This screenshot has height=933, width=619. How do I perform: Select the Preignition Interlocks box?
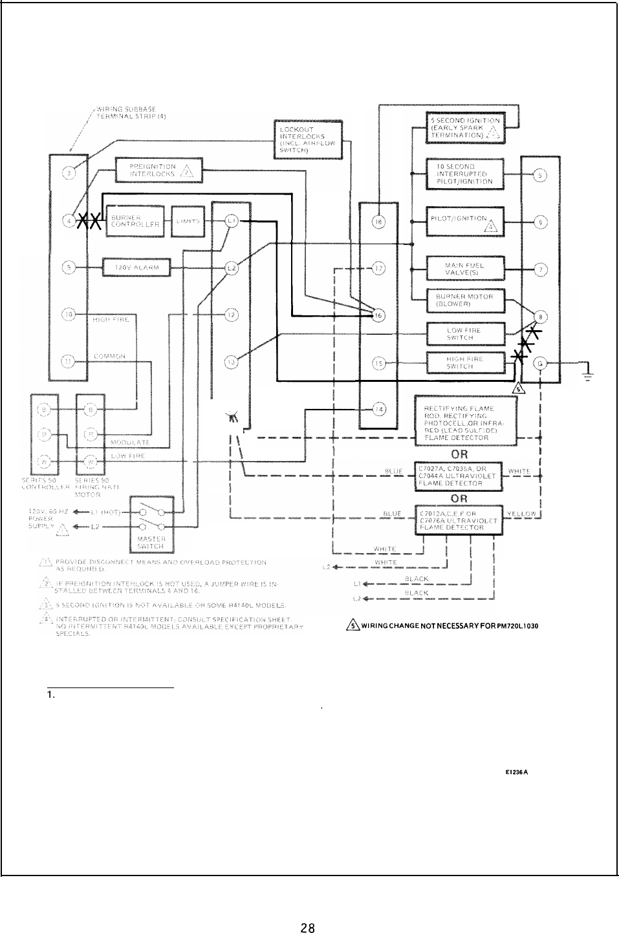(x=158, y=171)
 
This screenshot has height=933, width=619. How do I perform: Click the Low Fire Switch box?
(x=465, y=333)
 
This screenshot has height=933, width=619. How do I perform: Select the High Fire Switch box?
(x=465, y=362)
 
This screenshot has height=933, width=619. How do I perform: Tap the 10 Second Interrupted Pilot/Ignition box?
(x=465, y=174)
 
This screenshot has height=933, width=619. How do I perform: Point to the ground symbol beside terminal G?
(x=587, y=375)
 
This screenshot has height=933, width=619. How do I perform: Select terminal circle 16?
(x=379, y=315)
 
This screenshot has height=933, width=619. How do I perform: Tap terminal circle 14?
(x=379, y=408)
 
